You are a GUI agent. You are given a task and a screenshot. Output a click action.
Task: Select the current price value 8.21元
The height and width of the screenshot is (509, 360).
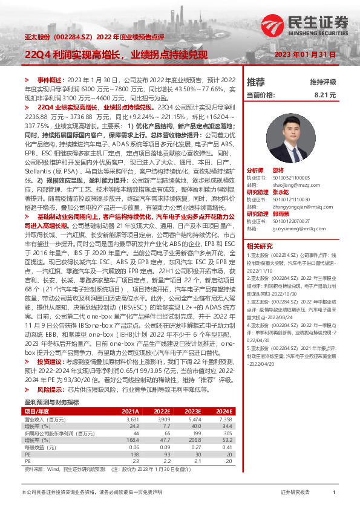point(324,96)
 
